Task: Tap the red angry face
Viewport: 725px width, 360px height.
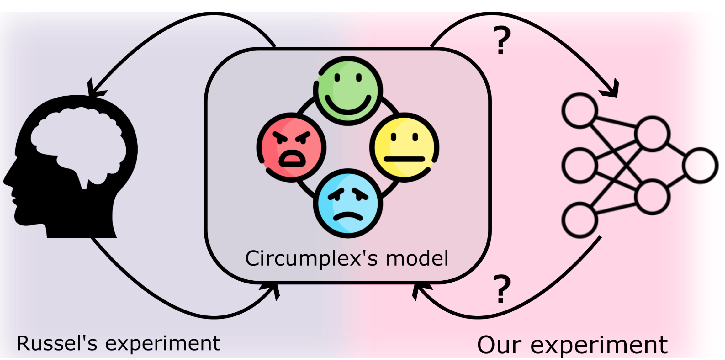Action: point(291,147)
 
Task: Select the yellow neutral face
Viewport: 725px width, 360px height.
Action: point(404,147)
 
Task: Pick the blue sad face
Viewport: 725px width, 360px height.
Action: point(348,204)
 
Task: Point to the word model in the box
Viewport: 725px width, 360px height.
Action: point(417,259)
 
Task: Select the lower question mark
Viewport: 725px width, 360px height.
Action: point(502,289)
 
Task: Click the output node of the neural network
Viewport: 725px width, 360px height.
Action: point(700,165)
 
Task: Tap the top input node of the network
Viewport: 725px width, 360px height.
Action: point(579,110)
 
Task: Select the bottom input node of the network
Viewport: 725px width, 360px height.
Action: point(579,220)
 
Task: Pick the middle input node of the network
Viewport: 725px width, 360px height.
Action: point(579,165)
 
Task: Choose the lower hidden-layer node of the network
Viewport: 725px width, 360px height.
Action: point(652,197)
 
